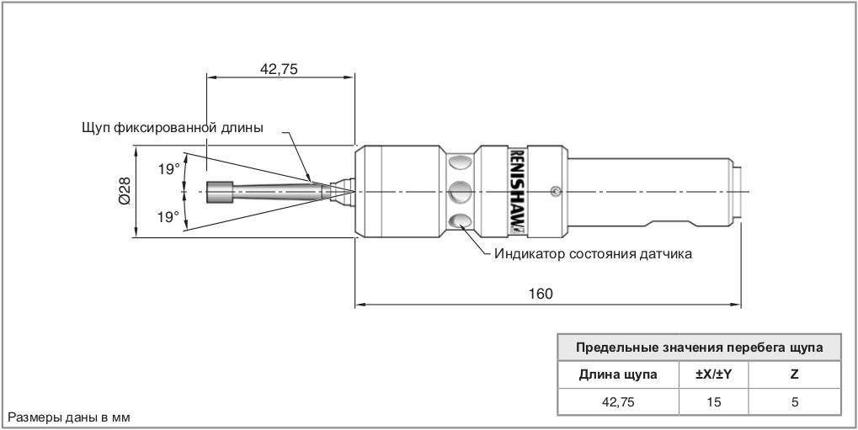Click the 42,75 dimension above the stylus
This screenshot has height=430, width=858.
click(x=280, y=69)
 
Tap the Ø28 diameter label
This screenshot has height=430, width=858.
click(x=123, y=193)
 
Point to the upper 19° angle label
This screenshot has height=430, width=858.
click(x=169, y=169)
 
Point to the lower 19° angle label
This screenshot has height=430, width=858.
click(x=169, y=217)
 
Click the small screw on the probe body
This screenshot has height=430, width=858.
click(x=552, y=192)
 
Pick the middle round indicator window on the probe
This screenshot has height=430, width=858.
click(x=459, y=192)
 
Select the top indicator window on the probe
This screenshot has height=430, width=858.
click(x=459, y=162)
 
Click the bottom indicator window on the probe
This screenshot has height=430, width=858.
click(x=459, y=222)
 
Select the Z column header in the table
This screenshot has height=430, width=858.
click(x=794, y=374)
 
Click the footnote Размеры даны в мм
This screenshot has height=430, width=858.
click(x=69, y=417)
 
